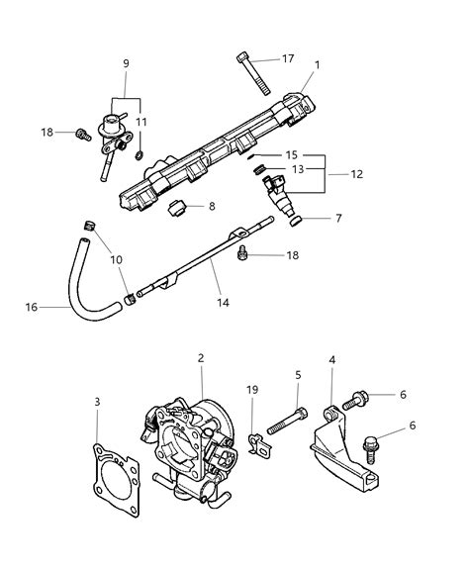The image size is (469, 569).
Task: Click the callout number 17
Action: pyautogui.click(x=288, y=58)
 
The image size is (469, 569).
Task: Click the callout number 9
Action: pyautogui.click(x=125, y=64)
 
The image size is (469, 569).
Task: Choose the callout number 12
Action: pyautogui.click(x=357, y=174)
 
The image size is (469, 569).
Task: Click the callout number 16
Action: pyautogui.click(x=32, y=308)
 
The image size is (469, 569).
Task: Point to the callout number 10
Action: pyautogui.click(x=116, y=259)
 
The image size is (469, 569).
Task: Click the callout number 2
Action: pyautogui.click(x=201, y=358)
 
